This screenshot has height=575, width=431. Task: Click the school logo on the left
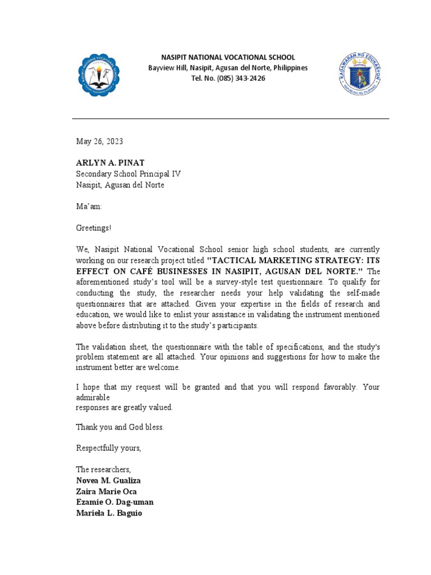(98, 75)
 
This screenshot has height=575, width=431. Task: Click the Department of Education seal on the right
(360, 73)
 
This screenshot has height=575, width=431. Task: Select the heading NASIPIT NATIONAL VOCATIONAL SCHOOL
(228, 58)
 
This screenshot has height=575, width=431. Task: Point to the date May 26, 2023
(99, 142)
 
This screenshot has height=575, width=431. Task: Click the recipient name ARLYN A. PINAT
(111, 163)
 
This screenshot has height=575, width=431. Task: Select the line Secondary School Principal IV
(129, 174)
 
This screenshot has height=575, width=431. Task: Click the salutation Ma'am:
(89, 207)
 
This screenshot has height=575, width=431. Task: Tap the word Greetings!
(94, 228)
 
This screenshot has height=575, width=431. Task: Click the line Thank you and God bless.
(120, 427)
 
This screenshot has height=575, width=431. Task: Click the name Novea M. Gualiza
(108, 481)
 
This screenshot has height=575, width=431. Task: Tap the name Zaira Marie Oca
(107, 491)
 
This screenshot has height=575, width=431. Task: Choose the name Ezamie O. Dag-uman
(114, 502)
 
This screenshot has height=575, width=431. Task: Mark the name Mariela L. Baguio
(109, 513)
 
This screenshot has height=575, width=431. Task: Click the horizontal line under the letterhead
(230, 119)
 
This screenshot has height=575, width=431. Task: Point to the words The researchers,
(103, 469)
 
